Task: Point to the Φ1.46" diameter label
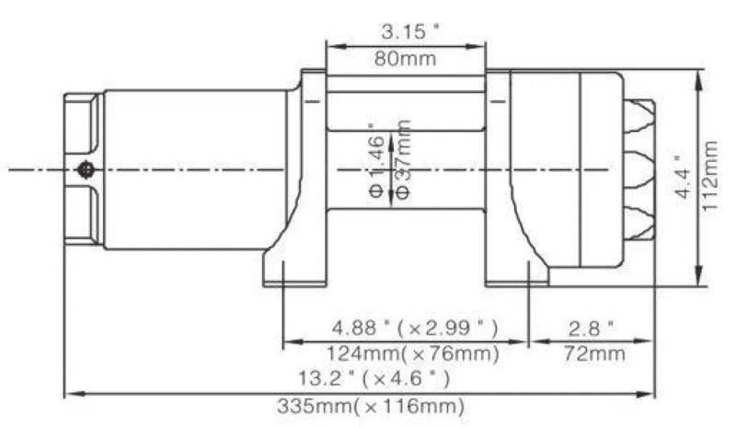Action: click(376, 163)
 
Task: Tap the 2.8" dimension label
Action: click(592, 327)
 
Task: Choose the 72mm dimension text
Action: click(592, 352)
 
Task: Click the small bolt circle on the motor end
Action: click(86, 168)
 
